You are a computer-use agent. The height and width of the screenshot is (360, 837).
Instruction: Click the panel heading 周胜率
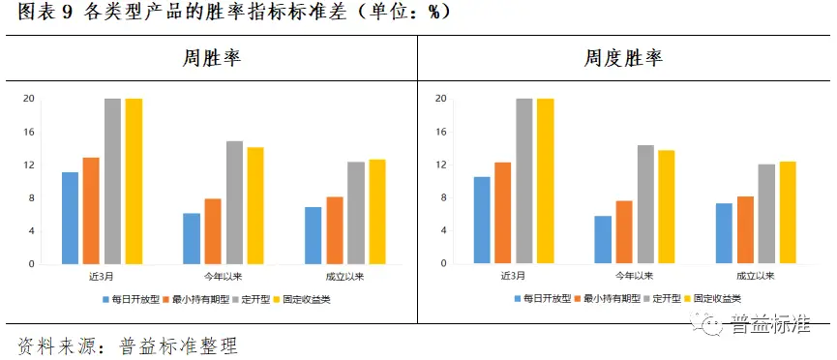211,58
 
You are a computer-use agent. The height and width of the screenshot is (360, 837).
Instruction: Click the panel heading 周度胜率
622,58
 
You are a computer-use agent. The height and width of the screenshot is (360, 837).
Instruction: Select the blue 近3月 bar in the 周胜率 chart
70,218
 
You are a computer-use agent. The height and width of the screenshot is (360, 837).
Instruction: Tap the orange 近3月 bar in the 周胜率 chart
91,210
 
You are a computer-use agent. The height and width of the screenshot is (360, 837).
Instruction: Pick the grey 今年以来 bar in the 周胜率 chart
234,202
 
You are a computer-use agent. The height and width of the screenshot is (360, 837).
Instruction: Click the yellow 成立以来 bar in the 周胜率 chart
377,211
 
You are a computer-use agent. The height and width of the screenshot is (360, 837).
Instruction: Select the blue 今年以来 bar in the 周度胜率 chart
603,239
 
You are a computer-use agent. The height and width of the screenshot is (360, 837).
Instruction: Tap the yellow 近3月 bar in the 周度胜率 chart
546,181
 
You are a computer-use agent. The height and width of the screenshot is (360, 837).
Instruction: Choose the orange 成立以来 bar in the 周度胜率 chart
745,229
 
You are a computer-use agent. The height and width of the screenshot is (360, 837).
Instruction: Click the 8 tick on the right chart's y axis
442,197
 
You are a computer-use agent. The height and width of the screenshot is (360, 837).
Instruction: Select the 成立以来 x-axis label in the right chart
755,277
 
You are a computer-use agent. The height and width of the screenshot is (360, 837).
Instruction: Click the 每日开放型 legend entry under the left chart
132,299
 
